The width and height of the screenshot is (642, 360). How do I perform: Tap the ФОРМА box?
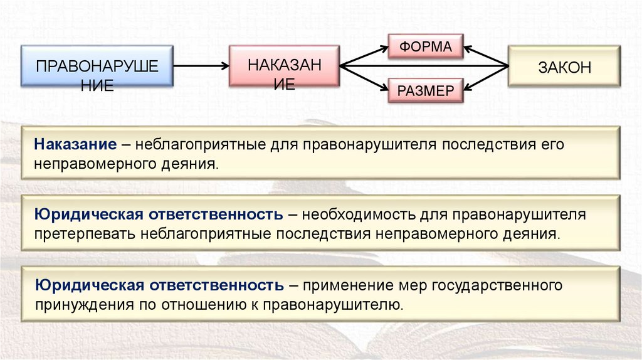[x=426, y=46]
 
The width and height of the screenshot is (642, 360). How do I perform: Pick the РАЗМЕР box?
[x=426, y=90]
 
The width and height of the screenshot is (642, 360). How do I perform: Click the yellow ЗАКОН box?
[x=564, y=67]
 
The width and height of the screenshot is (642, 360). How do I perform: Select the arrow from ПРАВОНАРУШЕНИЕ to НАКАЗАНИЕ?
[x=200, y=66]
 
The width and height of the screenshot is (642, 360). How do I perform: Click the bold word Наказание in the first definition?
[x=76, y=144]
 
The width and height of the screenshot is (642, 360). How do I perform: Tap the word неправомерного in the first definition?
[x=93, y=164]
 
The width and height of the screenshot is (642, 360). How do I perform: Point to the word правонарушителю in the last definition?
[x=332, y=305]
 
